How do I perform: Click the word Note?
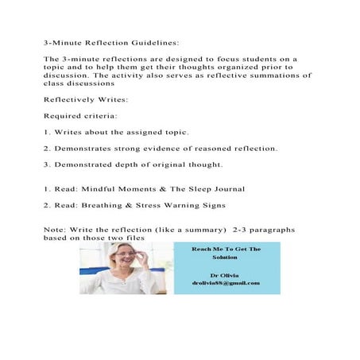point(55,228)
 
